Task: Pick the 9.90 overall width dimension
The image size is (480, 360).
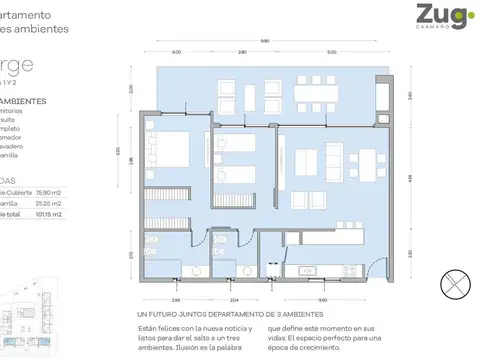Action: click(x=264, y=41)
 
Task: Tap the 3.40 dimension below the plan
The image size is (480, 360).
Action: click(x=321, y=299)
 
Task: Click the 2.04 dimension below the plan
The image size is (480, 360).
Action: click(x=234, y=299)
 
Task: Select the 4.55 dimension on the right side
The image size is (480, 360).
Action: click(x=413, y=179)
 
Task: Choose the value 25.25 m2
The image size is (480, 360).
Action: click(x=49, y=202)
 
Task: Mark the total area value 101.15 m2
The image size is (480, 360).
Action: click(x=48, y=214)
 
